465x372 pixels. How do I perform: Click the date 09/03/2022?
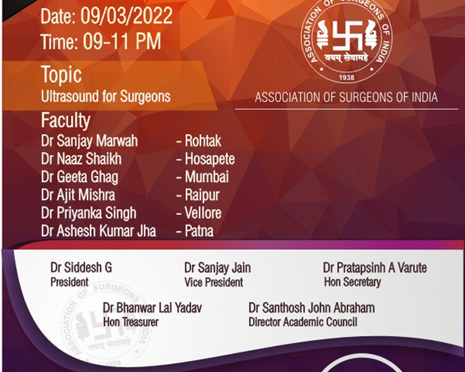pyautogui.click(x=126, y=15)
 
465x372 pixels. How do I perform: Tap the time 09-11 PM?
pyautogui.click(x=122, y=42)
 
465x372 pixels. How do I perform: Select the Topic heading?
pyautogui.click(x=61, y=74)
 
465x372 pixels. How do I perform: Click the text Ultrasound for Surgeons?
pyautogui.click(x=105, y=97)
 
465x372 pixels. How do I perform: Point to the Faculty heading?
pyautogui.click(x=66, y=120)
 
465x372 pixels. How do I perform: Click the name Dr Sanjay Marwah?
pyautogui.click(x=89, y=141)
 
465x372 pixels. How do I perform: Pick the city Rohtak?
pyautogui.click(x=203, y=141)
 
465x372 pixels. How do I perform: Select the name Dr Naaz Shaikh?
pyautogui.click(x=81, y=159)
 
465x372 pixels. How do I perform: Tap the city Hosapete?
pyautogui.click(x=210, y=159)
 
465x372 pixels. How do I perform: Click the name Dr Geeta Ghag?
pyautogui.click(x=79, y=177)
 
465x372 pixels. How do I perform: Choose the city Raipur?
pyautogui.click(x=202, y=195)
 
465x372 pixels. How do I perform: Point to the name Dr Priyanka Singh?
pyautogui.click(x=89, y=213)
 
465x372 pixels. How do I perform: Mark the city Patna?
pyautogui.click(x=199, y=231)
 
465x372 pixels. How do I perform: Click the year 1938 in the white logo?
pyautogui.click(x=347, y=77)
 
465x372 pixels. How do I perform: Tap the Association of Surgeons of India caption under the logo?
pyautogui.click(x=346, y=97)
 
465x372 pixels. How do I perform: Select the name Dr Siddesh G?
pyautogui.click(x=81, y=268)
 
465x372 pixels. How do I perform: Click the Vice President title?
pyautogui.click(x=213, y=282)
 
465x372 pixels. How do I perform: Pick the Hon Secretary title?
pyautogui.click(x=353, y=282)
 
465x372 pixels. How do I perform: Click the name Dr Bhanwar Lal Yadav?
pyautogui.click(x=152, y=308)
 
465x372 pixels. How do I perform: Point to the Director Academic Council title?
pyautogui.click(x=303, y=322)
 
